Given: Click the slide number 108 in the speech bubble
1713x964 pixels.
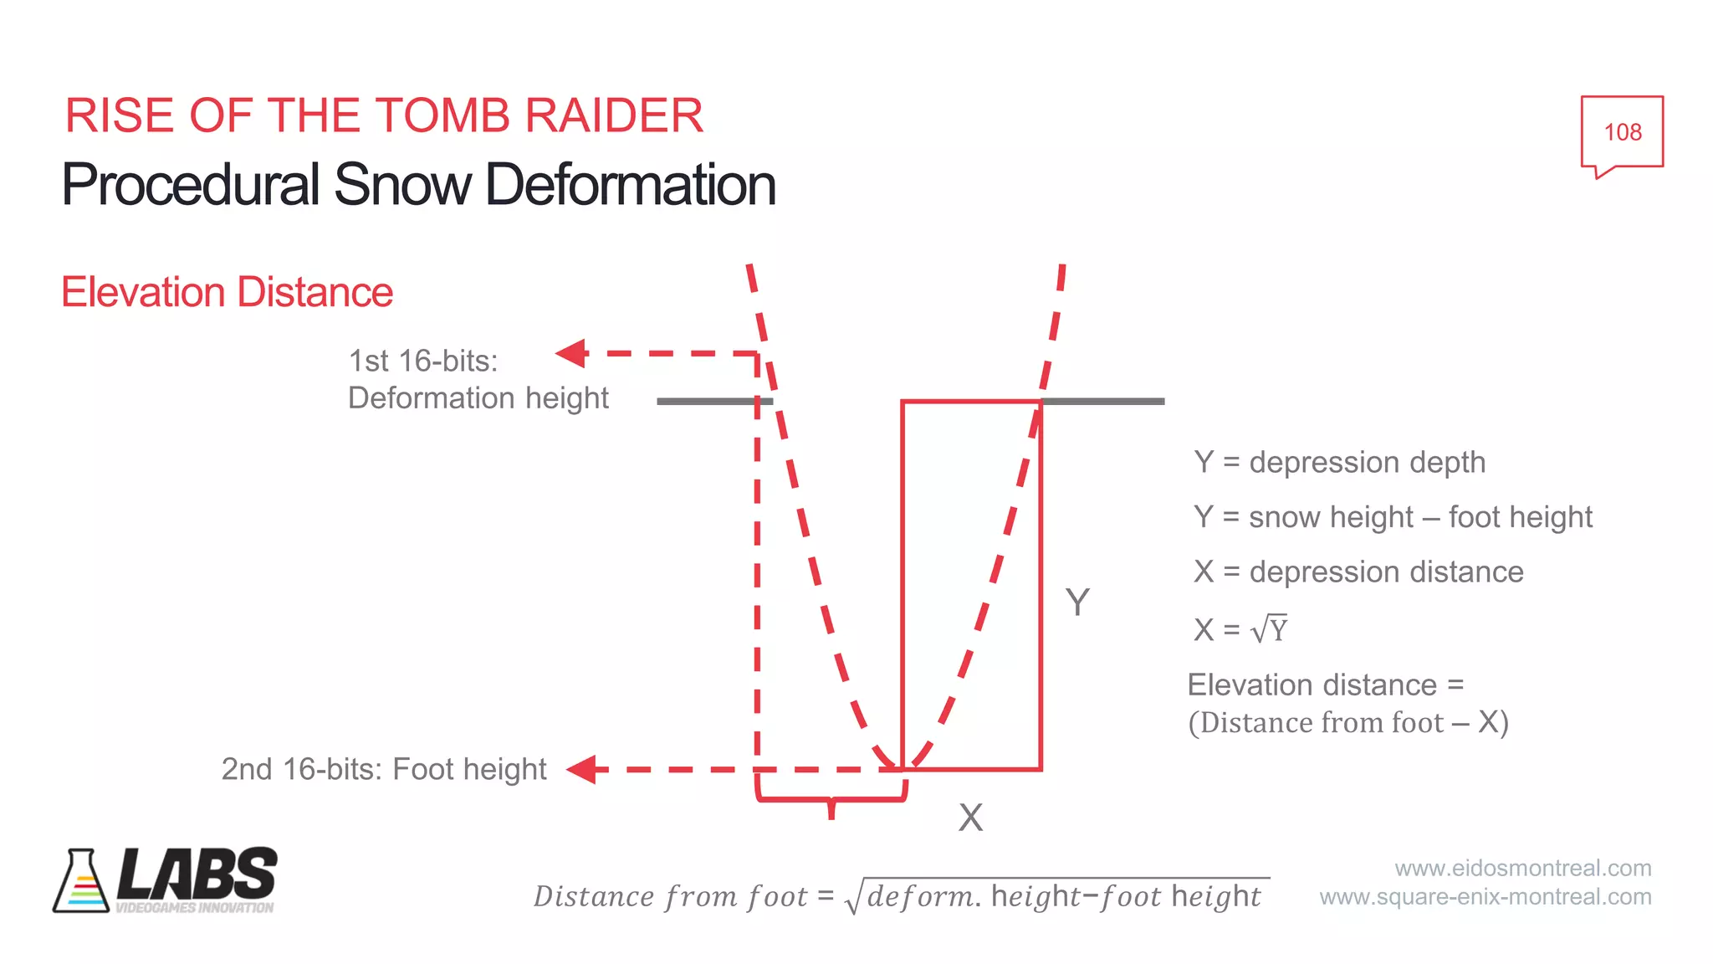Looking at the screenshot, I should tap(1622, 132).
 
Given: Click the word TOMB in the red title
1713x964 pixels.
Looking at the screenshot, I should tap(448, 115).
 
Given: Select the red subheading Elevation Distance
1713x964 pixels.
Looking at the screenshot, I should tap(227, 293).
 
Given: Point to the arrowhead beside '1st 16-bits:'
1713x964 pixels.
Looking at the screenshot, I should tap(573, 353).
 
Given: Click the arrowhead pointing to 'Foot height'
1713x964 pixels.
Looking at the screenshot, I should tap(582, 769).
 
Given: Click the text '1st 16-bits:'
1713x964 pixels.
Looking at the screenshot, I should tap(422, 361).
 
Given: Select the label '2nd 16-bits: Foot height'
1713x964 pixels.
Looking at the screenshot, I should tap(383, 769).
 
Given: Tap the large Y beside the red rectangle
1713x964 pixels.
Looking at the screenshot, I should tap(1077, 602).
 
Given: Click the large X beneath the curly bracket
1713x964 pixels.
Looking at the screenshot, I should tap(970, 818).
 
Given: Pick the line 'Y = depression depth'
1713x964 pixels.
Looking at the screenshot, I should tap(1339, 463).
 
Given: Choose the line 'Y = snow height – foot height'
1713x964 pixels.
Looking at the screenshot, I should tap(1393, 517).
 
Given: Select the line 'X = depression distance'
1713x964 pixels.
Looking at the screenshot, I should tap(1358, 572).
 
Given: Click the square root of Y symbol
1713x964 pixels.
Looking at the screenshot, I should tap(1269, 629).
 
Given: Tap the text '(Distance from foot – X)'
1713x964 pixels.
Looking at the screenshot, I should tap(1348, 723).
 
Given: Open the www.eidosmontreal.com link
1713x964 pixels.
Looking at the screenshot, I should tap(1522, 869).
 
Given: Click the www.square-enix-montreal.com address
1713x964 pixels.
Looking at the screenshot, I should tap(1485, 897).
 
